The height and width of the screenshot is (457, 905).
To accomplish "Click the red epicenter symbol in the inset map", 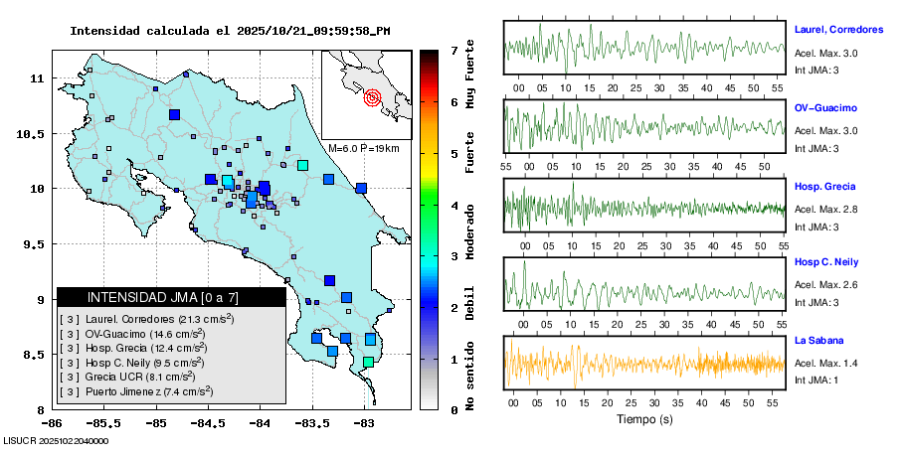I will (373, 97).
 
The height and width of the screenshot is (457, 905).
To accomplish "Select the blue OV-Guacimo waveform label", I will (825, 107).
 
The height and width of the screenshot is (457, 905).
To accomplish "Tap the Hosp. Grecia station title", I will (824, 187).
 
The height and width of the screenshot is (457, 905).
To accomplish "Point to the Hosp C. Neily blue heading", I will (826, 262).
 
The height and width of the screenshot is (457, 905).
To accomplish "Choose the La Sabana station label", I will (817, 341).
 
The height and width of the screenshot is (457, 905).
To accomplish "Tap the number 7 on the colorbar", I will (453, 50).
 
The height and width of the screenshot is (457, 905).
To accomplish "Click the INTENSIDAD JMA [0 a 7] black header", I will (171, 297).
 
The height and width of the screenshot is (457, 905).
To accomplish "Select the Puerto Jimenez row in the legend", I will (149, 392).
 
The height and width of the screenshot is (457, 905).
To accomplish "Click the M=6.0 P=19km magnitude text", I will (363, 148).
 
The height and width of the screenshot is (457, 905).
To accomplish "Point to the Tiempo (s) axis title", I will (644, 419).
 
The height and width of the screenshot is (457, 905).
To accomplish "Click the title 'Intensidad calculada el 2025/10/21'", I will (229, 31).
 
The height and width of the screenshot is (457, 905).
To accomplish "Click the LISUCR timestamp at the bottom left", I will (57, 440).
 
